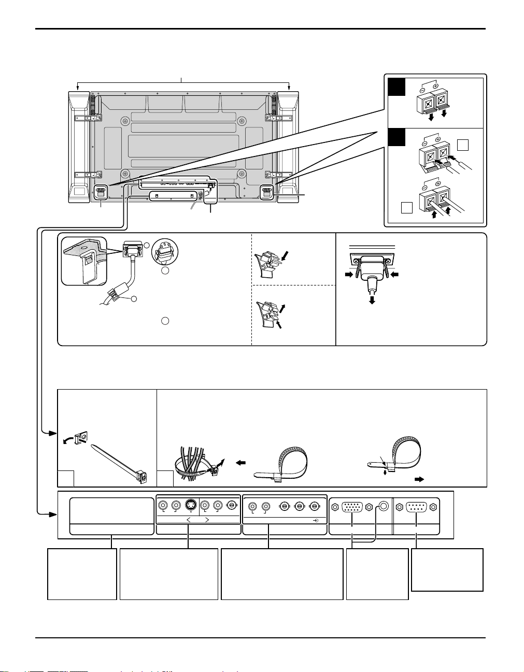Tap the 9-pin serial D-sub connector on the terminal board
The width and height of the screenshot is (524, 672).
[417, 507]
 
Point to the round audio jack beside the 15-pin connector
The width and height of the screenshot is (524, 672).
[384, 507]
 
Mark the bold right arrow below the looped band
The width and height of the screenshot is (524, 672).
[418, 479]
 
